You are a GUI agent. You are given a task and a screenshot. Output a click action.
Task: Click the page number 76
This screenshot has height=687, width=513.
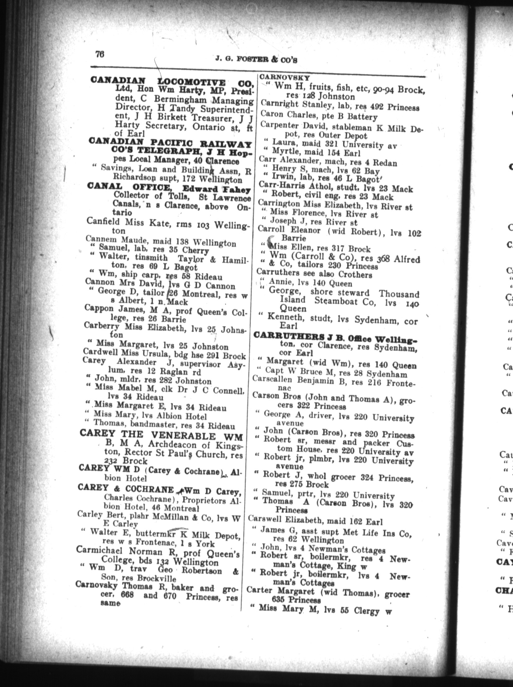[x=100, y=54]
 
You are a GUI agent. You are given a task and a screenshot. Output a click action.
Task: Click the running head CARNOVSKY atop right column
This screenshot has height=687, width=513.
[x=284, y=77]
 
